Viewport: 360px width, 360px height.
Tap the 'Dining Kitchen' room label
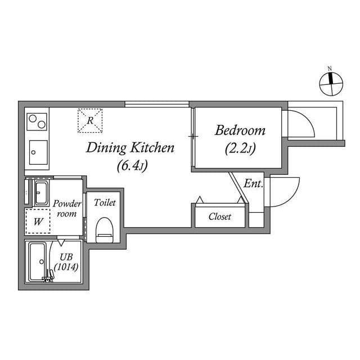coord(130,148)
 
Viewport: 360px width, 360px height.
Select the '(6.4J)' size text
coord(133,166)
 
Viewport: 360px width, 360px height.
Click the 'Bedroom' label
coord(240,130)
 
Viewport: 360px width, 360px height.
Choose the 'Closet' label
coord(219,217)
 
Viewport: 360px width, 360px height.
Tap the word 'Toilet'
coord(105,202)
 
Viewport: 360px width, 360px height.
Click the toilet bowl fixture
coord(104,229)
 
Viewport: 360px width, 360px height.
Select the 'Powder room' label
coord(67,209)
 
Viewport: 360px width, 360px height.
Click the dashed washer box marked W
coord(38,222)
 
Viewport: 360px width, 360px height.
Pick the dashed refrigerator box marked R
coord(91,120)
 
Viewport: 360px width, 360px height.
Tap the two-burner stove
coord(38,122)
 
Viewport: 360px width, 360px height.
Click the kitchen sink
coord(38,151)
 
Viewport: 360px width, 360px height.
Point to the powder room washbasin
coord(41,193)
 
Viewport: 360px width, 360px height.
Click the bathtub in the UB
coord(38,262)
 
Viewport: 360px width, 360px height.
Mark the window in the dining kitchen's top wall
coord(157,103)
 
